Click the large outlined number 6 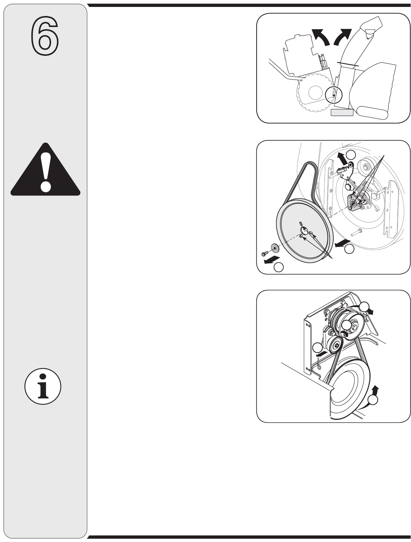point(45,36)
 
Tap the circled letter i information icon point(43,386)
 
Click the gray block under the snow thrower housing point(342,113)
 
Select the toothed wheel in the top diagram point(315,93)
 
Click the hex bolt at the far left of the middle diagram point(265,253)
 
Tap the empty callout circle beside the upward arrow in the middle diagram point(351,155)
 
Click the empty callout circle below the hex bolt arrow point(279,267)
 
